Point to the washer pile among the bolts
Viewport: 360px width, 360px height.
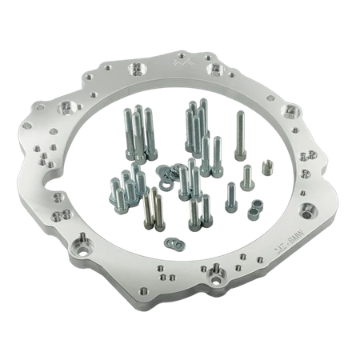170,173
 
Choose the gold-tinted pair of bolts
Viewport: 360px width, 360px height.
150,210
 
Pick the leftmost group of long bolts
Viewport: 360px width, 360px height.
135,131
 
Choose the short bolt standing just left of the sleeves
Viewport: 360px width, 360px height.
233,194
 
